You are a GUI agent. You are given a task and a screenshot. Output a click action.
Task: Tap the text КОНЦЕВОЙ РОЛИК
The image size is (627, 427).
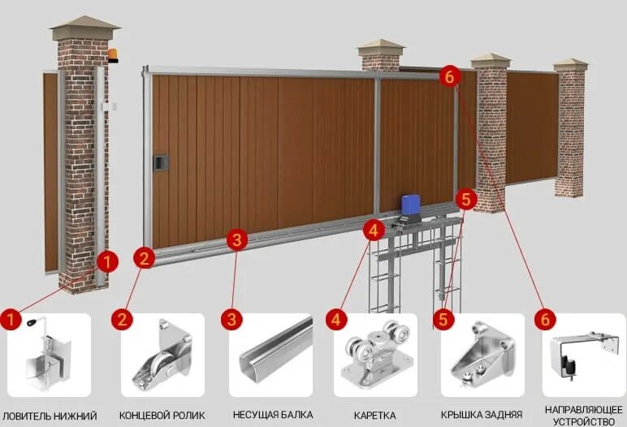pyautogui.click(x=162, y=416)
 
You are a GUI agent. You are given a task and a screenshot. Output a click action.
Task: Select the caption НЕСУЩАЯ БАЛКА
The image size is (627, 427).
pyautogui.click(x=270, y=416)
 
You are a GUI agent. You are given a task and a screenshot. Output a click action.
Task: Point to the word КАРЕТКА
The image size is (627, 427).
pyautogui.click(x=374, y=416)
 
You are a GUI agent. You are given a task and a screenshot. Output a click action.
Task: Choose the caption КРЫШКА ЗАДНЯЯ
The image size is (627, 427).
pyautogui.click(x=482, y=416)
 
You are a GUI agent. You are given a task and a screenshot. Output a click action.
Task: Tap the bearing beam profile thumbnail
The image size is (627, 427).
pyautogui.click(x=270, y=356)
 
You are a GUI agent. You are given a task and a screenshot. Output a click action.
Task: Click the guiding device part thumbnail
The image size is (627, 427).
pyautogui.click(x=582, y=356)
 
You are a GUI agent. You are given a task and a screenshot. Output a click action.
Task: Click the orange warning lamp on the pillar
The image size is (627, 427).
pyautogui.click(x=113, y=56)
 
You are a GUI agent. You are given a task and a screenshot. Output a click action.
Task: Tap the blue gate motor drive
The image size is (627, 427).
pyautogui.click(x=411, y=206)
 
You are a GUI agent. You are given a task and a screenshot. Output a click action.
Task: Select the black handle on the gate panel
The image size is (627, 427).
pyautogui.click(x=160, y=162)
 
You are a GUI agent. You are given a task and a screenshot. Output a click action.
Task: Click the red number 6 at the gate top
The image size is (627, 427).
pyautogui.click(x=450, y=77)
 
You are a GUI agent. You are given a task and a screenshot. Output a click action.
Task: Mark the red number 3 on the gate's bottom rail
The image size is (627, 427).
pyautogui.click(x=236, y=239)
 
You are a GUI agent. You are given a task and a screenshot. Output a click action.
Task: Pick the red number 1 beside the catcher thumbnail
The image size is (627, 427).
pyautogui.click(x=11, y=319)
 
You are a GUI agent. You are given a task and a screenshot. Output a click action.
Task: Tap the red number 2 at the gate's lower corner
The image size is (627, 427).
pyautogui.click(x=145, y=259)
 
